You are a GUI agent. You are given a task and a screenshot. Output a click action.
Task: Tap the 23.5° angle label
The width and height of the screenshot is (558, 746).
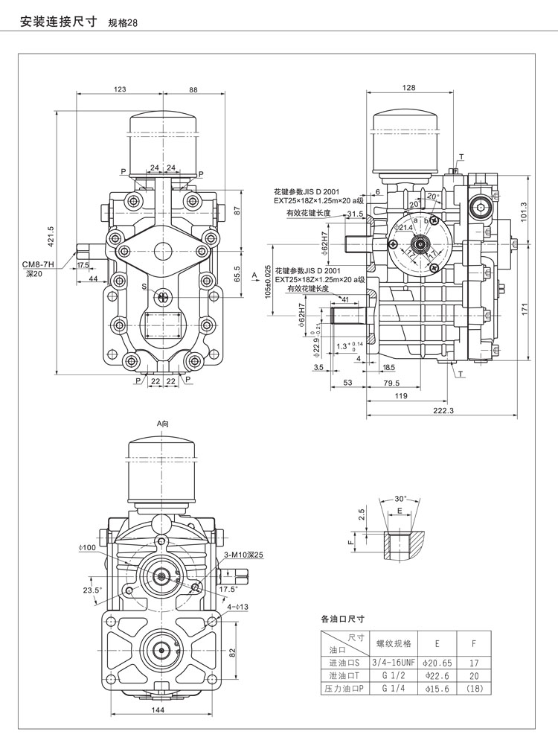[x=92, y=591]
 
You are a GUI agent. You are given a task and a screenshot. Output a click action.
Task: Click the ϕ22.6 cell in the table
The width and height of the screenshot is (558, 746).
[x=432, y=675]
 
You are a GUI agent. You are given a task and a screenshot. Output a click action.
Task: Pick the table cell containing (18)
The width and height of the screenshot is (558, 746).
[x=474, y=689]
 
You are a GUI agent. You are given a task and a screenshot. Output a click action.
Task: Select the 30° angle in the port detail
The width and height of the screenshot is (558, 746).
[x=400, y=498]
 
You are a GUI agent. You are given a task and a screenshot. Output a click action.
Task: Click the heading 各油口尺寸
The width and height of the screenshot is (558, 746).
[x=342, y=618]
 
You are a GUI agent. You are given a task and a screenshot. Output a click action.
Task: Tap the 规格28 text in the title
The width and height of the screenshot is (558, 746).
[x=124, y=22]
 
